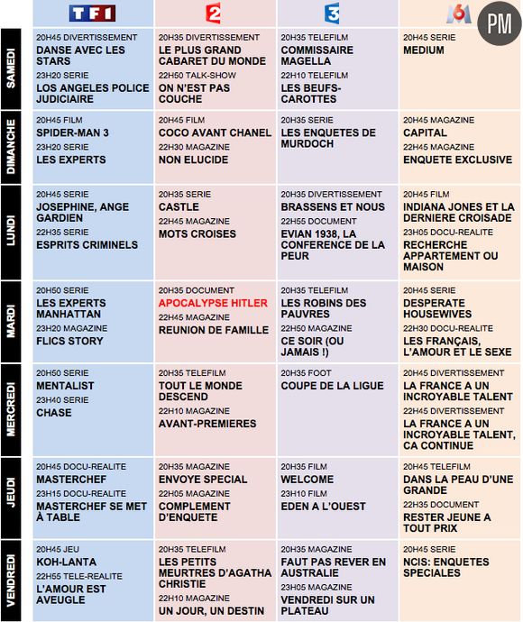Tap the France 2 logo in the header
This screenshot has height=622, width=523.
coord(214,13)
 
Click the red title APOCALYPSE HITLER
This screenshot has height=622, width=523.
coord(213,304)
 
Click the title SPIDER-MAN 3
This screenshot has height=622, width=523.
coord(72,133)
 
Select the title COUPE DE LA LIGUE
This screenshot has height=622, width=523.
coord(332,387)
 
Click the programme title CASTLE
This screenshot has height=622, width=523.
coord(179,206)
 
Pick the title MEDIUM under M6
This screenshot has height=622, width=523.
coord(424,50)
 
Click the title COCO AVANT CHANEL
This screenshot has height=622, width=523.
coord(215,133)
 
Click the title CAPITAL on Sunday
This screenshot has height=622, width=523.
coord(425,133)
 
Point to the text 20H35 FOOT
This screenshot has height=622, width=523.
coord(306,373)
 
